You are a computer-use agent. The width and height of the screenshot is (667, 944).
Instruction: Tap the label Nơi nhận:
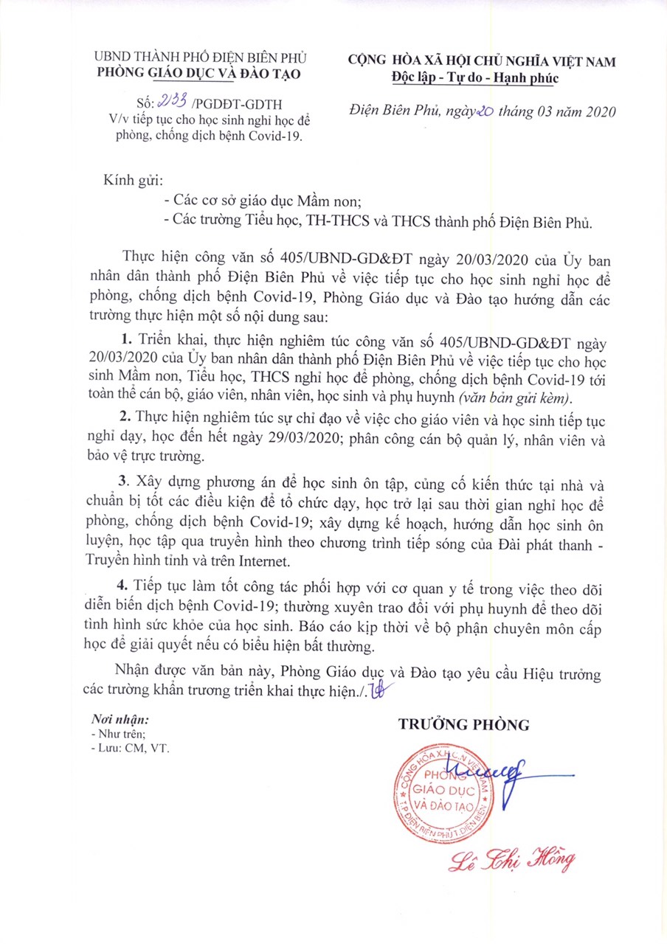coord(120,719)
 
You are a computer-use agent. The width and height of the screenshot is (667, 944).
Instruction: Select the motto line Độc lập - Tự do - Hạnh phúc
coord(477,77)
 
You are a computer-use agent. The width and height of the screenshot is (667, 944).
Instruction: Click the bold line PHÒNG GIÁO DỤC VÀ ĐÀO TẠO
coord(200,73)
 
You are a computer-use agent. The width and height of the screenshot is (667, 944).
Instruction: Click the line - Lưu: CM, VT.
coord(130,748)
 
